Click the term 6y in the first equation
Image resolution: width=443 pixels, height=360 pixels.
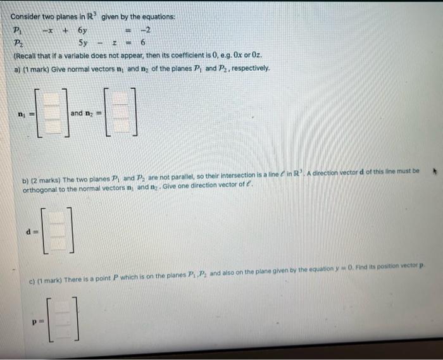[83, 30]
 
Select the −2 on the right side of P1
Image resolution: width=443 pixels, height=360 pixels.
[143, 30]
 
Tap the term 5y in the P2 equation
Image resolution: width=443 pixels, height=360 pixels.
[84, 43]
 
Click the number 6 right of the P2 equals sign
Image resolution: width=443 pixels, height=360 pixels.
[144, 43]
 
